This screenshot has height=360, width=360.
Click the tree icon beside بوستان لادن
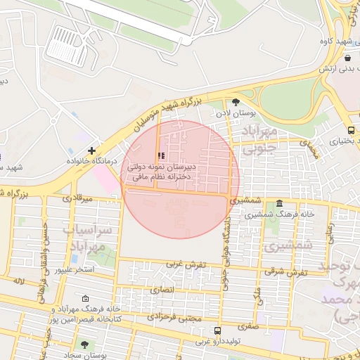click(235, 102)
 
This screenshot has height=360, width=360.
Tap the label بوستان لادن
click(235, 112)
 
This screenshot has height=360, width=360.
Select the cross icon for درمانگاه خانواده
click(92, 150)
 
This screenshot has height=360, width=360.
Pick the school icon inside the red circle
click(161, 155)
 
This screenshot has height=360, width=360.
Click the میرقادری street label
click(77, 198)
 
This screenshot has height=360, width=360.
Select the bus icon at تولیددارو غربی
click(217, 330)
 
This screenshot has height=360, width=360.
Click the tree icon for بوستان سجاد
click(85, 345)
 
